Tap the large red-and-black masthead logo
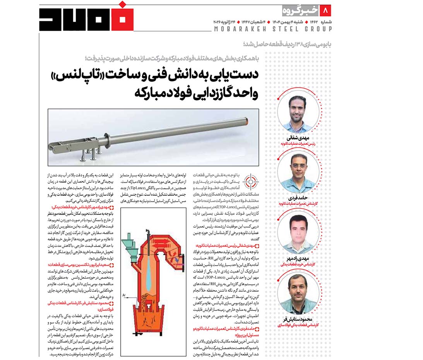[x=86, y=18]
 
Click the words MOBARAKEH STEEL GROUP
[x=273, y=29]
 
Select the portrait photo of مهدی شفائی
[x=298, y=113]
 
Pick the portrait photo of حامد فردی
[x=298, y=172]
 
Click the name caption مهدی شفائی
[x=298, y=138]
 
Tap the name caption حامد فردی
[x=298, y=197]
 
